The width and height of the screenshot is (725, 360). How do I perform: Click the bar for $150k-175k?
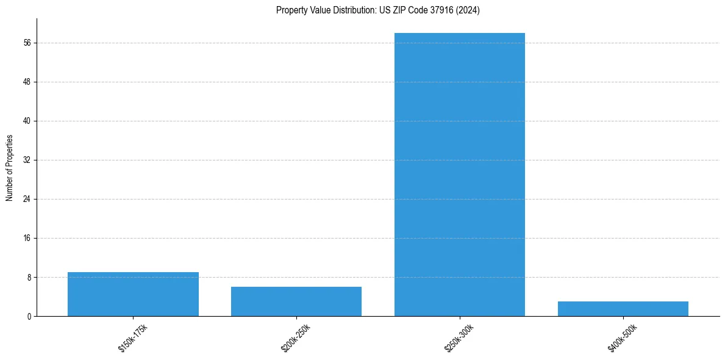133,294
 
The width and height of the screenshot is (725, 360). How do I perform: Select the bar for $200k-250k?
296,301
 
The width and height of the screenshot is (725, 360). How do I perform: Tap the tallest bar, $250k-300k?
460,175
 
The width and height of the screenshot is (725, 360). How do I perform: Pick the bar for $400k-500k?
623,309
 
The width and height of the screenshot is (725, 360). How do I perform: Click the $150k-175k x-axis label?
133,338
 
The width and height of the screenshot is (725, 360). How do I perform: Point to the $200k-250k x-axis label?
296,338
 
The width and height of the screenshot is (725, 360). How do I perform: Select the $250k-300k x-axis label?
460,338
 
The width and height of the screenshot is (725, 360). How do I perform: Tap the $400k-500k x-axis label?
623,338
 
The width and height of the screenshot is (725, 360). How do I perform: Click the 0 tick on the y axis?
29,316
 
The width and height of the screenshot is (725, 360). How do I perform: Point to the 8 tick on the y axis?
29,277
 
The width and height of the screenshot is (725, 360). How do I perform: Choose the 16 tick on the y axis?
27,238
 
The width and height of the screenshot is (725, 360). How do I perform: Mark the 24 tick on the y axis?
27,199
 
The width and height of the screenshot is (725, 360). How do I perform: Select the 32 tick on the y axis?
27,160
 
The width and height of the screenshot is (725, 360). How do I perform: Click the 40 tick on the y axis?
27,121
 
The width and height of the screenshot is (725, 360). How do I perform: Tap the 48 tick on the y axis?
27,82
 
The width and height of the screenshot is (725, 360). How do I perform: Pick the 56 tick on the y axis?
27,43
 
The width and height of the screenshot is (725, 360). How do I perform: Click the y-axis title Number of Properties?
10,167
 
